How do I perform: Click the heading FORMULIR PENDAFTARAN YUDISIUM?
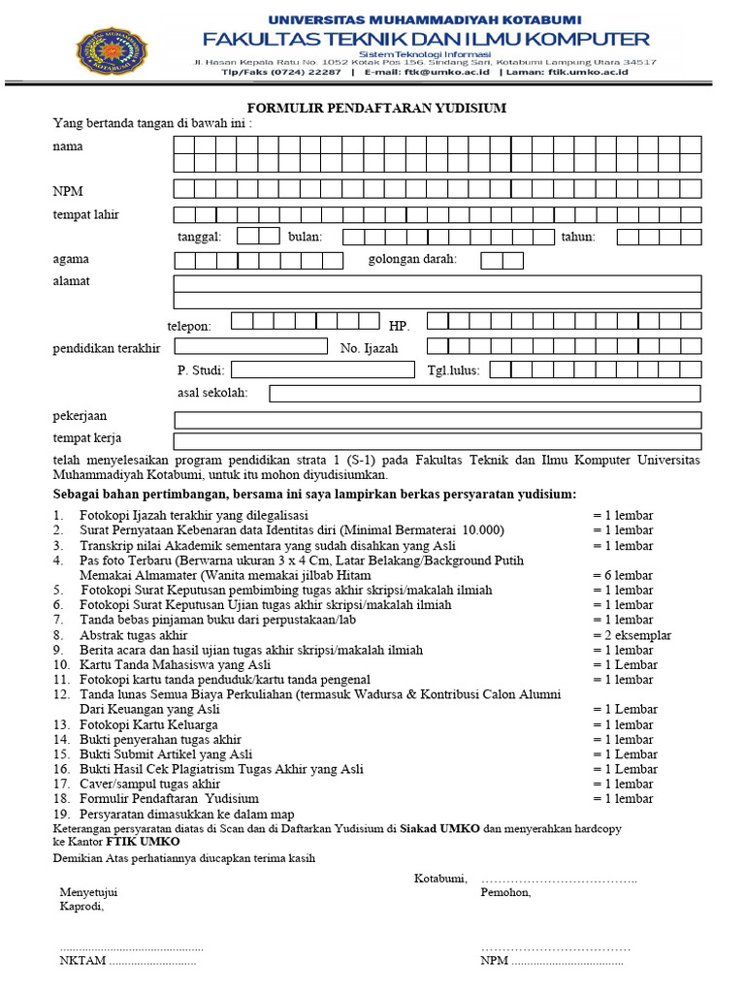coord(376,108)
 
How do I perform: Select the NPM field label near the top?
coord(68,190)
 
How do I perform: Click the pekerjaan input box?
coord(437,420)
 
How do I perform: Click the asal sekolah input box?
coord(484,393)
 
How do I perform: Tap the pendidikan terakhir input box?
coord(251,346)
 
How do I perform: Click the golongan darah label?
coord(412,259)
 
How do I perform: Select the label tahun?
coord(578,236)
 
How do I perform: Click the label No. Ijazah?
coord(369,348)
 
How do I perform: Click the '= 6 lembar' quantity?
coord(623,575)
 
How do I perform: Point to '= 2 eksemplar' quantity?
coord(632,635)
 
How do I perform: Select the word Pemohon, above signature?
coord(505,892)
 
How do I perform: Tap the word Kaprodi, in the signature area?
coord(81,907)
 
